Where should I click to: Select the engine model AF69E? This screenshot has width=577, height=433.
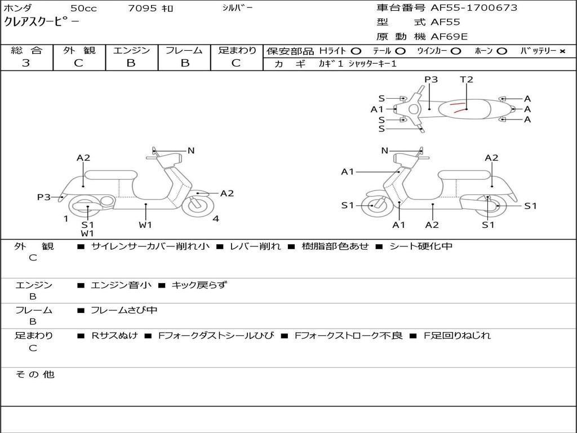(449, 37)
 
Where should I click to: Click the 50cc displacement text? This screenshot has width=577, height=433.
(83, 8)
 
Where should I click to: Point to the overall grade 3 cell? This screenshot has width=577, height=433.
(26, 63)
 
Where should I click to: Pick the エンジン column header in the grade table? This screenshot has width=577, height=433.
(131, 51)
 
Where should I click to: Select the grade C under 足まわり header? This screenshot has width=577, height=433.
(236, 63)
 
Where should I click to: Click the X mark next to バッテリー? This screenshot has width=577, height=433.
(562, 51)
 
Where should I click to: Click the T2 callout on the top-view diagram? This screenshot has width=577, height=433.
(467, 79)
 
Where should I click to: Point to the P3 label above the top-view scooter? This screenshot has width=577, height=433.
(431, 79)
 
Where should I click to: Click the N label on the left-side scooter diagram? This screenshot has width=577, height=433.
(191, 151)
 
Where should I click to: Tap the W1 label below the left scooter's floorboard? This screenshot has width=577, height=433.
(145, 225)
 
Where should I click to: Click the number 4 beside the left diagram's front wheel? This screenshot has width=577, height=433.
(216, 219)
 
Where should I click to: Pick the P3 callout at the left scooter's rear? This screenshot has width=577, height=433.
(44, 197)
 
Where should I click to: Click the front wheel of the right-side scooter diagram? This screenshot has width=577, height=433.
(373, 206)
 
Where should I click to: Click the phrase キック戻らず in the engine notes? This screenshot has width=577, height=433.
(199, 285)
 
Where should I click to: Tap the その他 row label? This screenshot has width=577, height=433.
(35, 374)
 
